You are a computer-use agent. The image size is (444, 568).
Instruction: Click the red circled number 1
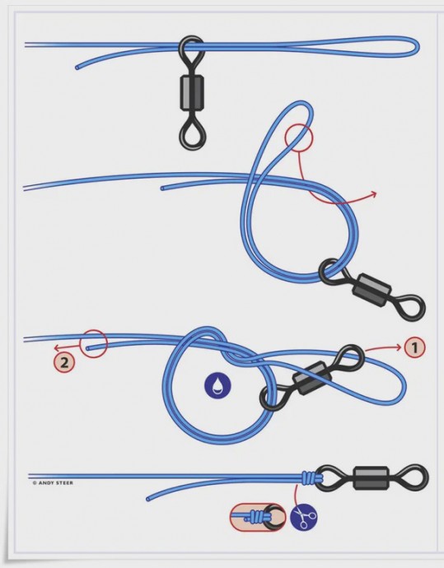pyautogui.click(x=414, y=347)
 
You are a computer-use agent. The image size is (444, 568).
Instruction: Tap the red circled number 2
pyautogui.click(x=64, y=362)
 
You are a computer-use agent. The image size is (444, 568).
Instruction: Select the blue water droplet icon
pyautogui.click(x=217, y=384)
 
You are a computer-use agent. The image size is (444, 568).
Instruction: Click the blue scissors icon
pyautogui.click(x=304, y=518)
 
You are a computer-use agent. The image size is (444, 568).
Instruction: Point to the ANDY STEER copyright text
pyautogui.click(x=53, y=483)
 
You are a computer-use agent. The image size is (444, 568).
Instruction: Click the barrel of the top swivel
pyautogui.click(x=191, y=92)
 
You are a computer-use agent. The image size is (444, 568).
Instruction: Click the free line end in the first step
pyautogui.click(x=77, y=68)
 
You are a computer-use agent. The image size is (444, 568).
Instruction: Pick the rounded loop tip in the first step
pyautogui.click(x=418, y=47)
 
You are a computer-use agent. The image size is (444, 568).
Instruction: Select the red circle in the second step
pyautogui.click(x=298, y=137)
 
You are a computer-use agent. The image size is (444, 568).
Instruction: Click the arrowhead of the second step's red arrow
pyautogui.click(x=375, y=194)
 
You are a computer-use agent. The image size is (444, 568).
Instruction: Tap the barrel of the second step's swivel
pyautogui.click(x=372, y=290)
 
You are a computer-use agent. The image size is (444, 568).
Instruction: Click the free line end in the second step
pyautogui.click(x=162, y=189)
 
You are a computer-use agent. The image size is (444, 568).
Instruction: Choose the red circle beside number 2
pyautogui.click(x=94, y=344)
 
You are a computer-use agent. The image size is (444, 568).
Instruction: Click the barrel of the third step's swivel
pyautogui.click(x=312, y=378)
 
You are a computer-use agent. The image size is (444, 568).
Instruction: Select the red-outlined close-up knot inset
pyautogui.click(x=258, y=517)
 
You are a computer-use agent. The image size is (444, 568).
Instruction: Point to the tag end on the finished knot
pyautogui.click(x=148, y=499)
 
